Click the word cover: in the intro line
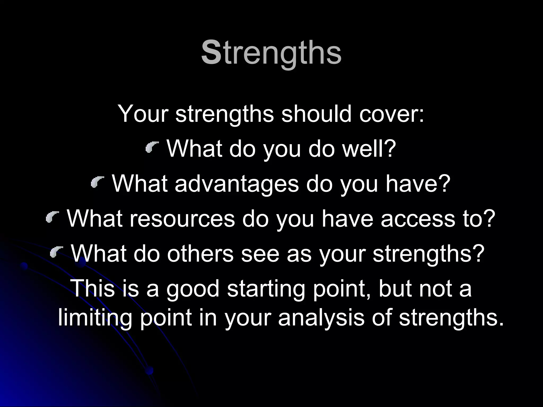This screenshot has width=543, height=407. pyautogui.click(x=392, y=114)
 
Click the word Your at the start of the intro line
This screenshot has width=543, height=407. pyautogui.click(x=143, y=114)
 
